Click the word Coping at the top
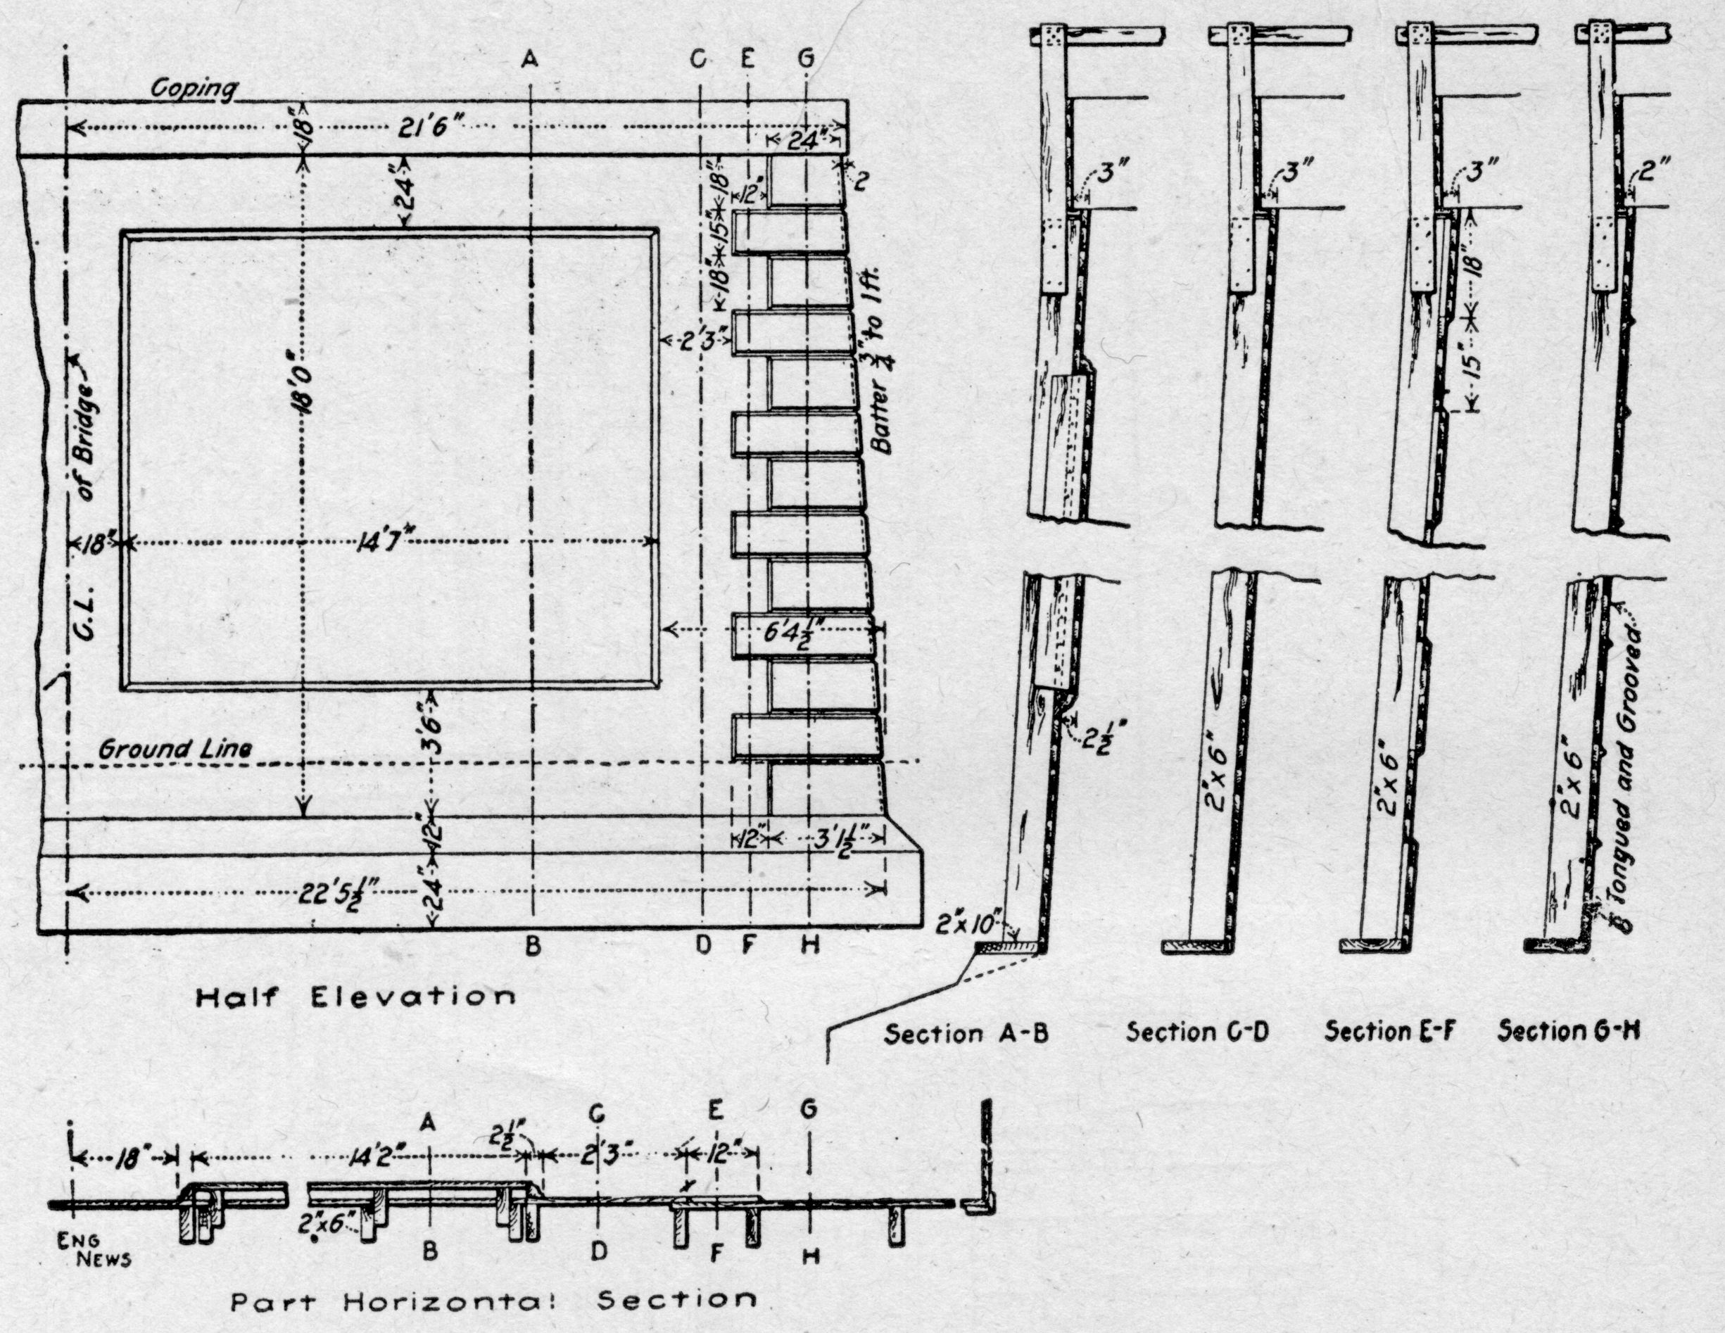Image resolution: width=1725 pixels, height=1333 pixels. coord(194,89)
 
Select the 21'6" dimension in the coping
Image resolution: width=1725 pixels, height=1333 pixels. coord(425,127)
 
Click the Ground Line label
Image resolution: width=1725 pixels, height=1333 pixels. coord(175,748)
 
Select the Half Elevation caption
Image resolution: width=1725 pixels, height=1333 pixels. coord(355,997)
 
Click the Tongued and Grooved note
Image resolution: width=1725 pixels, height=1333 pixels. coord(1624,766)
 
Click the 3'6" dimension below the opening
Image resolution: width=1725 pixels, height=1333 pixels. coord(433,731)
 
